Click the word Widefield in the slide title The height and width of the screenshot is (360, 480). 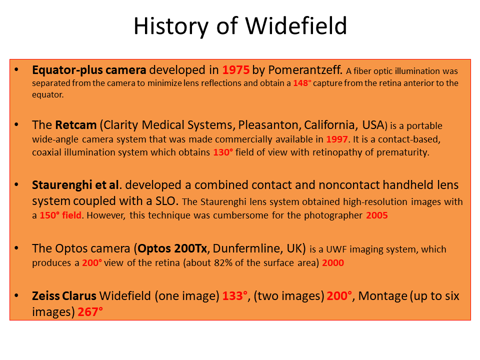(296, 25)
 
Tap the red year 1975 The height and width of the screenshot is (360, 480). (235, 70)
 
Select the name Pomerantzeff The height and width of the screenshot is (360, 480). (305, 70)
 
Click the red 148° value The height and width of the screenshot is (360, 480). (302, 83)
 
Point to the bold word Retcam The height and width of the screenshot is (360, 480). (76, 125)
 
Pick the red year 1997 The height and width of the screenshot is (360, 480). (336, 139)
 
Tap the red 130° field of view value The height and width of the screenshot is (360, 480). (223, 152)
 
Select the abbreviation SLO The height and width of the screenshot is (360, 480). (166, 201)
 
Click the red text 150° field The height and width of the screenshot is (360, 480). (60, 215)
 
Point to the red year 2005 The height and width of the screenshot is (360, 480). (377, 215)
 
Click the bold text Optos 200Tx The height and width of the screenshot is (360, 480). (172, 248)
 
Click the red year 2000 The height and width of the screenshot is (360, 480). (333, 262)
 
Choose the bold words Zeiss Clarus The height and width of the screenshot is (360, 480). (64, 296)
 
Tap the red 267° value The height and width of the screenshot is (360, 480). (90, 312)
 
